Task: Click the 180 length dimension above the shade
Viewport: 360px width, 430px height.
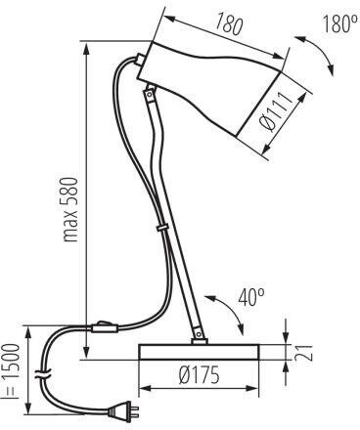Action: click(229, 23)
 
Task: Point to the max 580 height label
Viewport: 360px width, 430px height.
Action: click(70, 210)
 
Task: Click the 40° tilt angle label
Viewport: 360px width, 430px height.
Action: click(251, 297)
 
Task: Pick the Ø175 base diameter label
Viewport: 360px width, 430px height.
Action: click(200, 375)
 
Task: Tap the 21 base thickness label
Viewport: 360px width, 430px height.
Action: click(303, 352)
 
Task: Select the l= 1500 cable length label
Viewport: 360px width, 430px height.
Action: click(11, 371)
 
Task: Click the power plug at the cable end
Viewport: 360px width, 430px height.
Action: click(122, 408)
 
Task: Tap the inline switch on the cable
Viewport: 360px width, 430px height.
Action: click(105, 327)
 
